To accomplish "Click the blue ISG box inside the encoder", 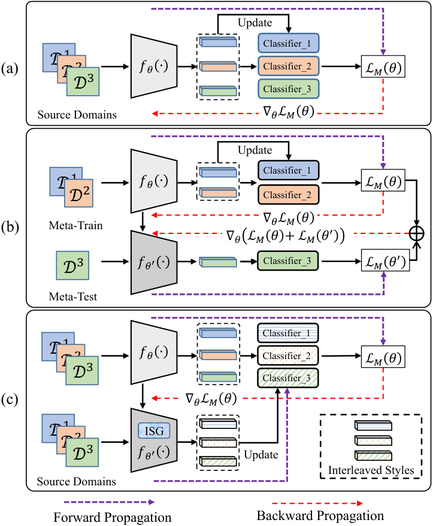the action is coord(154,430).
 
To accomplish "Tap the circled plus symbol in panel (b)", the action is coord(417,233).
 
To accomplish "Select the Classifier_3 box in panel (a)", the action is coord(288,89).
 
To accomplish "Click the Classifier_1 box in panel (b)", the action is coord(288,171).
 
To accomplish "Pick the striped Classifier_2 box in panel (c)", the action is coord(287,355).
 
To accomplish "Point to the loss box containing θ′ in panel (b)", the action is coord(385,260).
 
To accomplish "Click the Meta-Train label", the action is coord(75,225).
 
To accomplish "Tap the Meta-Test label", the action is coord(73,297).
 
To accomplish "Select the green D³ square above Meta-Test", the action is coord(72,265).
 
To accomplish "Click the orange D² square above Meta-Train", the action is coord(79,193).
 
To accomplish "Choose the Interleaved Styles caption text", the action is coord(371,470).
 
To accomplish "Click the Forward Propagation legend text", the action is coord(113,517).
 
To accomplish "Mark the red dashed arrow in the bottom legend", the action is coord(317,503).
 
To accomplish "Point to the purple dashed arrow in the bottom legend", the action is coord(109,502).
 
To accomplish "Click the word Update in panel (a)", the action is coord(255,23).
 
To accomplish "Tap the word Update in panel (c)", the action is coord(261,455).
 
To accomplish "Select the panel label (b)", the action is coord(10,227).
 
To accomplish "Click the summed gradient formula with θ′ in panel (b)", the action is coord(285,235).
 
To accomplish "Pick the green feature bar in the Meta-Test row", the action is coord(218,262).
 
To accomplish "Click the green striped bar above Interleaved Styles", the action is coord(373,455).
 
